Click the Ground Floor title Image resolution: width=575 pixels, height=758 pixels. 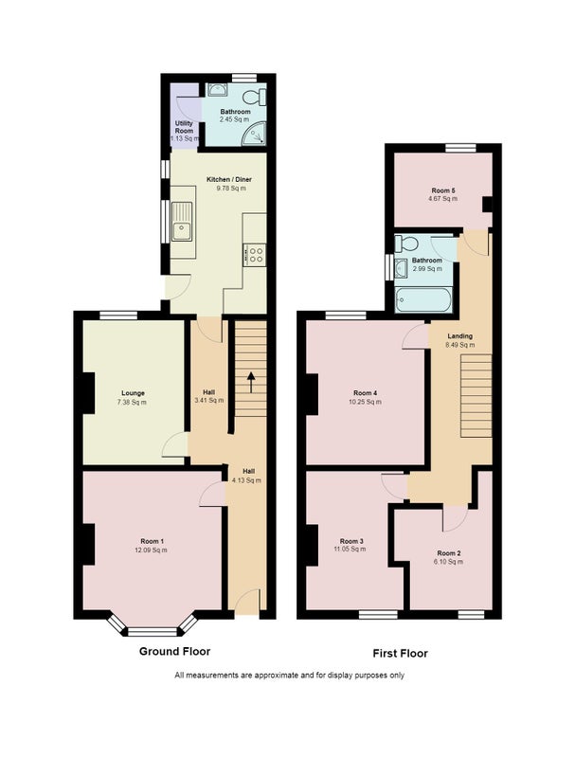[x=174, y=651]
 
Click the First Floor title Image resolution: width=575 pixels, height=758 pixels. [x=400, y=653]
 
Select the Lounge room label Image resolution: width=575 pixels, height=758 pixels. [x=133, y=393]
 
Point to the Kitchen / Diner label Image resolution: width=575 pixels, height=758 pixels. [x=229, y=179]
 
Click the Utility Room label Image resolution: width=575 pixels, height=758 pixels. [x=184, y=127]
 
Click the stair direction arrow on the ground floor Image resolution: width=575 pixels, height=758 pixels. [x=251, y=383]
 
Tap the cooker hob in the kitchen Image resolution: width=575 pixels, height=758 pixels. [x=255, y=255]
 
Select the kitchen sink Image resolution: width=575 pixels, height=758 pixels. [x=182, y=222]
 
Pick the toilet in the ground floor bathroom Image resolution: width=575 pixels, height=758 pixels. [x=255, y=98]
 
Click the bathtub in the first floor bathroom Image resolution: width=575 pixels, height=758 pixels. [x=423, y=300]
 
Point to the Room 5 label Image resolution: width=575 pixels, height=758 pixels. [x=443, y=190]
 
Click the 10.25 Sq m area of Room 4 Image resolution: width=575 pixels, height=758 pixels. [x=366, y=402]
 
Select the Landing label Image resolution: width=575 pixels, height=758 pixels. [x=460, y=336]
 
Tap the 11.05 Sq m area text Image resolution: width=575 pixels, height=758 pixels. [x=350, y=550]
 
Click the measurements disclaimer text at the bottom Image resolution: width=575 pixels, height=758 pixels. [x=290, y=676]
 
